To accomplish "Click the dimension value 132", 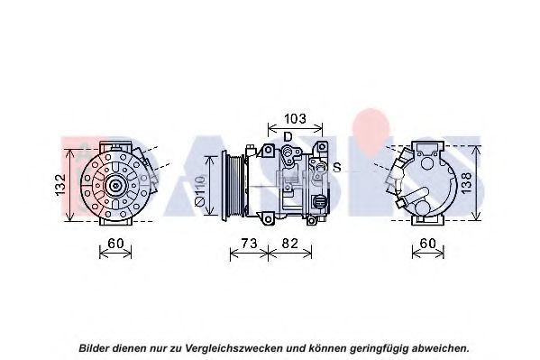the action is coord(60,185).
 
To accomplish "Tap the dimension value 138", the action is coord(466,183).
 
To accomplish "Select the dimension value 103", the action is coord(295,118).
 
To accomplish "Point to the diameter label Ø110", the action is coord(200,191).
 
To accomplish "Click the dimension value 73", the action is coord(249,244).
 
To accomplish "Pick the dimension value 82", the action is coord(289,244).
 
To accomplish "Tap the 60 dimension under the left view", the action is coord(115,244).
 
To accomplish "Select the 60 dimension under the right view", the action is coord(428,244).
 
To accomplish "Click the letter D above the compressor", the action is coord(288,137).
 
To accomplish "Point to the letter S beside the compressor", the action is coord(337,167).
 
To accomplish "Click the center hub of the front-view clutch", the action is coord(115,186).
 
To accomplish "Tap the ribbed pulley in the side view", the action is coord(233,184).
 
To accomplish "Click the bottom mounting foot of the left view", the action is coord(115,222).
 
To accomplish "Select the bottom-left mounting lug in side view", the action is coord(267,218).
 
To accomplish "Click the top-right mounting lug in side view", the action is coord(322,146).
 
